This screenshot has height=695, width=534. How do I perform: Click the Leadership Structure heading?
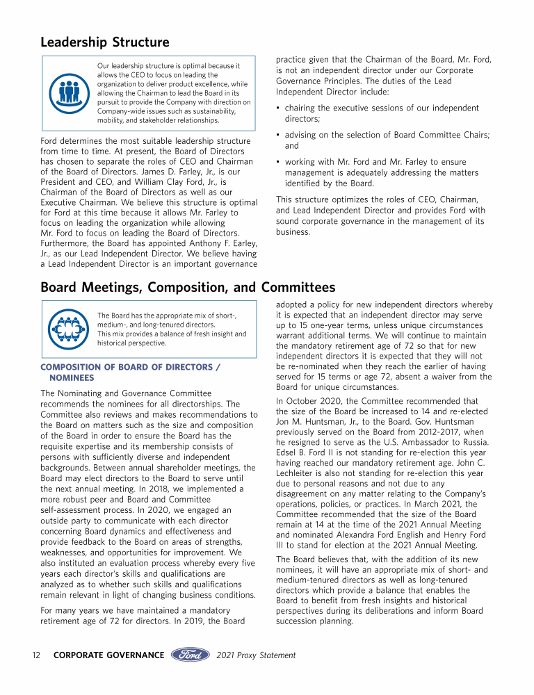[104, 43]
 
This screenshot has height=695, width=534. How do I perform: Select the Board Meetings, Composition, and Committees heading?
[188, 287]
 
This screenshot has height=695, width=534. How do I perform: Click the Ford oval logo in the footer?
[190, 655]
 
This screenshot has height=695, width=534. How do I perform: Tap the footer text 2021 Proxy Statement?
[256, 655]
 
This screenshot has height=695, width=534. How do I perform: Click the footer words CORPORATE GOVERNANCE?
[108, 655]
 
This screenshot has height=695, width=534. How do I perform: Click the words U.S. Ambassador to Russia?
[431, 443]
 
